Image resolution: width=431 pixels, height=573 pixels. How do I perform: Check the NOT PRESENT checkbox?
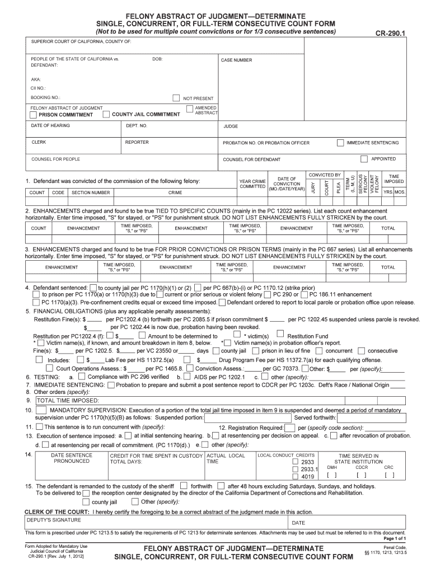coord(176,98)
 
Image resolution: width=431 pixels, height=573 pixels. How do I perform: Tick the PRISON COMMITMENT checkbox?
coord(33,115)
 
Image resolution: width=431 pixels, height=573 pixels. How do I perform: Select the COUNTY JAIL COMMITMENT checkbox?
coord(106,114)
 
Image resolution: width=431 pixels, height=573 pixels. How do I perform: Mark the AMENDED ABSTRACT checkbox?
coord(190,108)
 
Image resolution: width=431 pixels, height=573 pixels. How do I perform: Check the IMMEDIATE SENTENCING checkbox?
coord(340,143)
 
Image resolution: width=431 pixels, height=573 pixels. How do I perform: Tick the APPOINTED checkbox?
coord(364,158)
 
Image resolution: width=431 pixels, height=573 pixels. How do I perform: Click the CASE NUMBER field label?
coord(236,60)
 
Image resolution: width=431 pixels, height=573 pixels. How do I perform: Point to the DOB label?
coord(157,59)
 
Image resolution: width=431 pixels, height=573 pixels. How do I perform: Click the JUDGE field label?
coord(231,126)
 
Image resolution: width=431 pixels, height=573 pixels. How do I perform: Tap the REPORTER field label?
coord(137,142)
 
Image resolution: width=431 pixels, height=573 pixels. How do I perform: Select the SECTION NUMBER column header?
coord(91,192)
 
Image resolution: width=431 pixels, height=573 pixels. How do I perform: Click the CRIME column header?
coord(175,192)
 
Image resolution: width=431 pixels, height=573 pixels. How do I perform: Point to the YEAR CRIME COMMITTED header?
coord(252,184)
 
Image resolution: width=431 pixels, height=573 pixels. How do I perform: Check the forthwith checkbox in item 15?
coord(184,486)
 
